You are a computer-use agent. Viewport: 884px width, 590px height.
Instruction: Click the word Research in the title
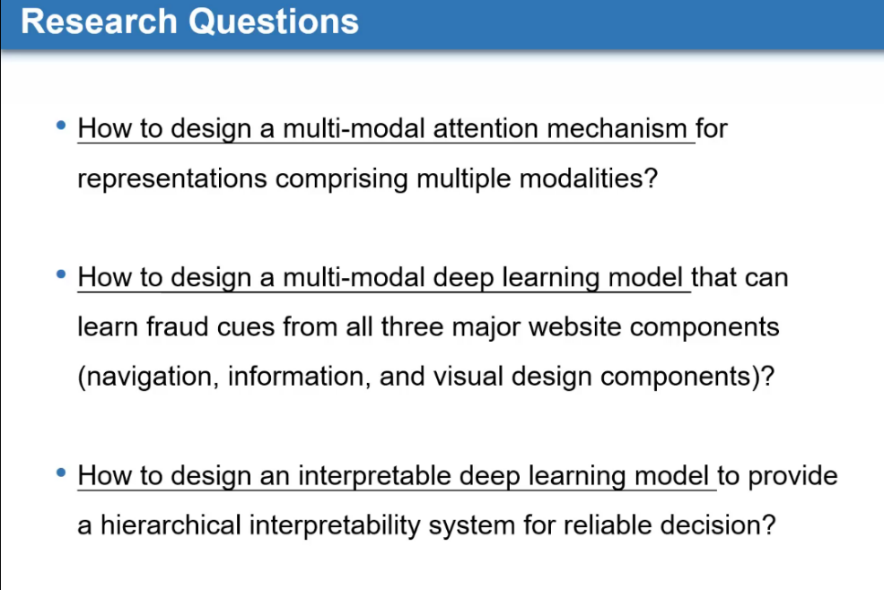[100, 22]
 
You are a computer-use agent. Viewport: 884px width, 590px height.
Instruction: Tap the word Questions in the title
[274, 22]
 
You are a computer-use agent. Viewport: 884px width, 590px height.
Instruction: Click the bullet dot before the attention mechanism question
[61, 126]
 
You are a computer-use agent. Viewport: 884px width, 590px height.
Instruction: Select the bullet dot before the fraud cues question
[61, 274]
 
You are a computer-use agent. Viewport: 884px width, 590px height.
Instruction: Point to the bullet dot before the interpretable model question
[61, 473]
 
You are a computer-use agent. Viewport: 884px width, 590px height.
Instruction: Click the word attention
[486, 128]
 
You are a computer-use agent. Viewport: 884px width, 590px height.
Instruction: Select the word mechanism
[617, 128]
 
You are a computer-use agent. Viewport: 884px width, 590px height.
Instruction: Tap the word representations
[172, 178]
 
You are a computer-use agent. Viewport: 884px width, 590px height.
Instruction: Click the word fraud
[177, 327]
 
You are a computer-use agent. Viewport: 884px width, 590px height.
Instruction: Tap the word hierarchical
[171, 525]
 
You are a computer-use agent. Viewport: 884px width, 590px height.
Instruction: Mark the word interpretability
[335, 525]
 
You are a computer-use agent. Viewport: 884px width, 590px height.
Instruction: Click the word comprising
[342, 178]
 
